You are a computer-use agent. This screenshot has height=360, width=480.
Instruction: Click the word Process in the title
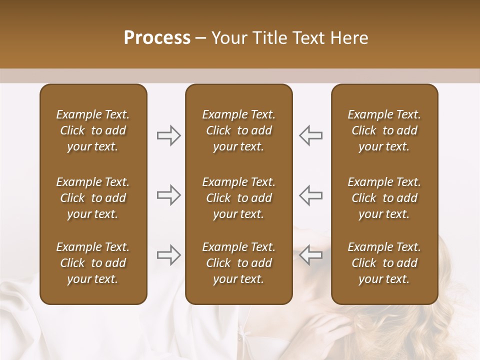[157, 38]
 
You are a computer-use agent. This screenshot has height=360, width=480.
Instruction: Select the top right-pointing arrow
[168, 135]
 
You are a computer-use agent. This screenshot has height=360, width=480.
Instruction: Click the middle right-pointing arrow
[168, 195]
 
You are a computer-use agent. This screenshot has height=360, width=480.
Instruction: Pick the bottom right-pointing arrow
[168, 254]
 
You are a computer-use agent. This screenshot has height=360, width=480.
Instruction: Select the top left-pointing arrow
[310, 135]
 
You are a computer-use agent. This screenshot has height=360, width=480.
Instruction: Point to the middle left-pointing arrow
[310, 195]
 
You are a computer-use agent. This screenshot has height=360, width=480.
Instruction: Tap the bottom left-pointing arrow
[310, 254]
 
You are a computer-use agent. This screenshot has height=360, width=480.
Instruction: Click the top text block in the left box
[93, 130]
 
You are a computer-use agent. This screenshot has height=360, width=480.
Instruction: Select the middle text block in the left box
[93, 198]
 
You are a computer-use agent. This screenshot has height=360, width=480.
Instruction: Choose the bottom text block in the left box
[93, 263]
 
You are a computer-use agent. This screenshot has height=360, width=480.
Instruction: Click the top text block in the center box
[238, 130]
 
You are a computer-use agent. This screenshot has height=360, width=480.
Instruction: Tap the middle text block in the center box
[238, 198]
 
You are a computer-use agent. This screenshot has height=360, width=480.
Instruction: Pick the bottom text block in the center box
[238, 263]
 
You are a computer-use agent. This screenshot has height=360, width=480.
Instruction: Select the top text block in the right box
[384, 130]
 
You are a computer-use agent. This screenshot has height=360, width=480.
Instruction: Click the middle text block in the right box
[384, 198]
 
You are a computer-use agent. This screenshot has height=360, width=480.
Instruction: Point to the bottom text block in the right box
[384, 263]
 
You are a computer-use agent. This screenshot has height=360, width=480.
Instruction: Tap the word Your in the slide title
[228, 38]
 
